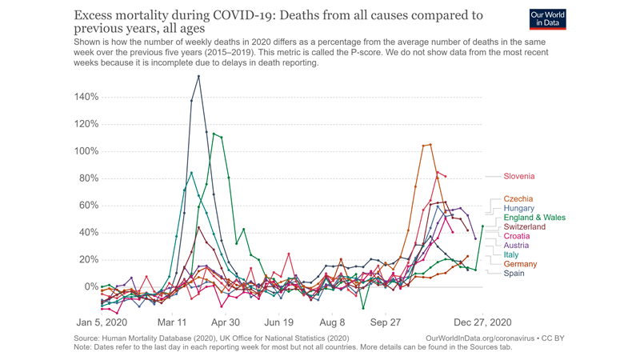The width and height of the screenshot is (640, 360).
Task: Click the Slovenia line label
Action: click(518, 176)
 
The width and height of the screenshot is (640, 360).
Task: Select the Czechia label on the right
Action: click(518, 199)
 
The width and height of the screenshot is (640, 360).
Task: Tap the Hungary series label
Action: click(519, 209)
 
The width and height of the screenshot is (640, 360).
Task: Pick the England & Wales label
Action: click(534, 218)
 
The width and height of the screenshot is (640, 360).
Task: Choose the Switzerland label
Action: click(524, 227)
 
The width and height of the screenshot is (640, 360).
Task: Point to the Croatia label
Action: click(516, 237)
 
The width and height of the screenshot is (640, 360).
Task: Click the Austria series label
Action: click(515, 246)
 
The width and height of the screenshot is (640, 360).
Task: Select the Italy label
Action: click(510, 255)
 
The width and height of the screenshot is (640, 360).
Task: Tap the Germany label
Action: click(520, 264)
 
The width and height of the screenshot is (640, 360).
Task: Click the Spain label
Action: click(514, 274)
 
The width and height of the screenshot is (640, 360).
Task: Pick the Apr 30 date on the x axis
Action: click(225, 322)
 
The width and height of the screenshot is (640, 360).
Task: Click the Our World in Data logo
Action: click(548, 18)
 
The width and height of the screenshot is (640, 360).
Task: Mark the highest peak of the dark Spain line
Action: click(198, 77)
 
